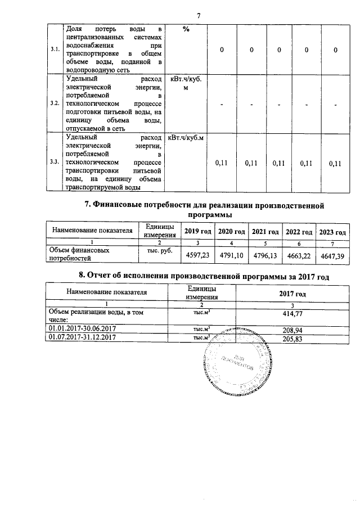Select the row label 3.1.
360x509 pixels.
[55, 50]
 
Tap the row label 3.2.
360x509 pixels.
[55, 104]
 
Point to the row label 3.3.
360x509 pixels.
[55, 162]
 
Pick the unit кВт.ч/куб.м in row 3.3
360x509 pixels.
[186, 137]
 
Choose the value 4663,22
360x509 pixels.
[299, 255]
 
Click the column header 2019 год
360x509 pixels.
[197, 232]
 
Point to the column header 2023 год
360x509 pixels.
[333, 232]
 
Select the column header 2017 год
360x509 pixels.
[292, 294]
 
